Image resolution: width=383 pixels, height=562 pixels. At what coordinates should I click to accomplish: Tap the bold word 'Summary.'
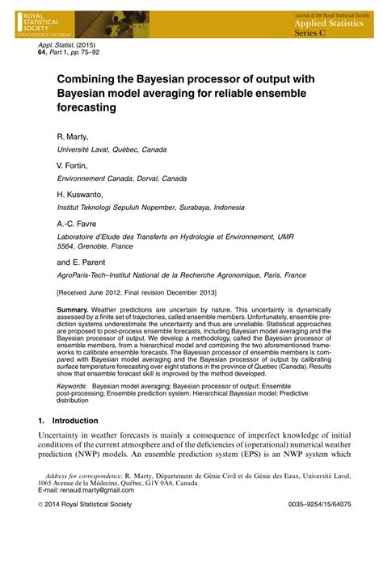[76, 311]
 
